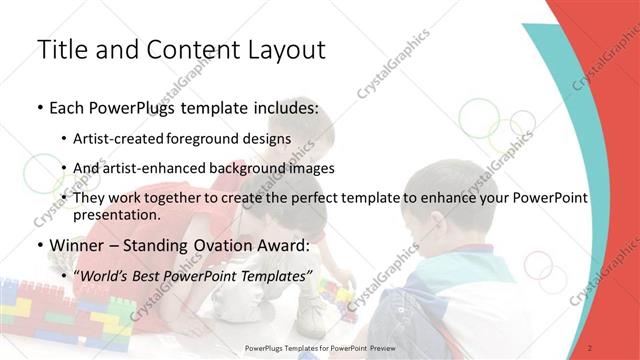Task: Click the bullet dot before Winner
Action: click(x=39, y=246)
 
